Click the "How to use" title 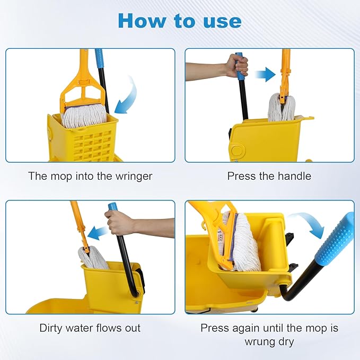(179, 21)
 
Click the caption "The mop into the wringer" (90, 176)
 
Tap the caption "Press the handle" (269, 176)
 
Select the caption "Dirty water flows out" (90, 328)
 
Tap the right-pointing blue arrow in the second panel (265, 75)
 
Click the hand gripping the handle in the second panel (236, 65)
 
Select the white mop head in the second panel (282, 108)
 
